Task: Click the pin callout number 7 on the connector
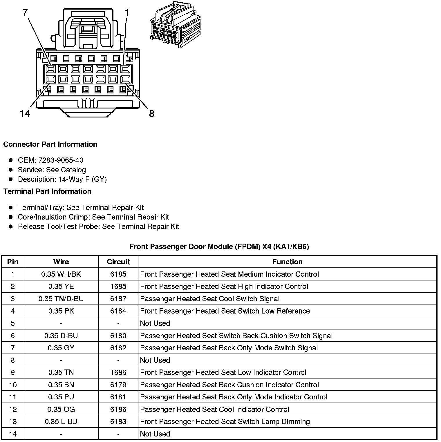(x=25, y=12)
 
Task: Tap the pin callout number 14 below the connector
(x=25, y=113)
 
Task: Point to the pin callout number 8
(x=152, y=113)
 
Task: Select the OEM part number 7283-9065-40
(x=61, y=160)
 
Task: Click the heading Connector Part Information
(x=50, y=144)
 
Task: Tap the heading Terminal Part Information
(x=47, y=192)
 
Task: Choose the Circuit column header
(x=118, y=262)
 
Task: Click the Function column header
(x=287, y=262)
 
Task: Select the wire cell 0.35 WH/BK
(x=61, y=274)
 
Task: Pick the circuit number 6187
(x=118, y=299)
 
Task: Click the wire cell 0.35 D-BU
(x=61, y=336)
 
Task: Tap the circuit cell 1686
(x=118, y=373)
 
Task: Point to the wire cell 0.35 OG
(x=61, y=410)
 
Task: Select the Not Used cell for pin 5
(x=155, y=323)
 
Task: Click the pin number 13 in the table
(x=13, y=422)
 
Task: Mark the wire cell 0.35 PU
(x=61, y=397)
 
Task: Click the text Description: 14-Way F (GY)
(x=62, y=180)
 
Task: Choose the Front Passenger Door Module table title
(x=219, y=247)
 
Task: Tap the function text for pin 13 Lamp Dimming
(x=225, y=422)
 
